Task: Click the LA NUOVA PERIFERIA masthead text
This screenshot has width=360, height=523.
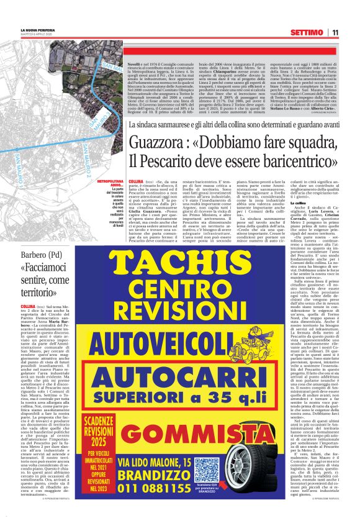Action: (35, 29)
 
